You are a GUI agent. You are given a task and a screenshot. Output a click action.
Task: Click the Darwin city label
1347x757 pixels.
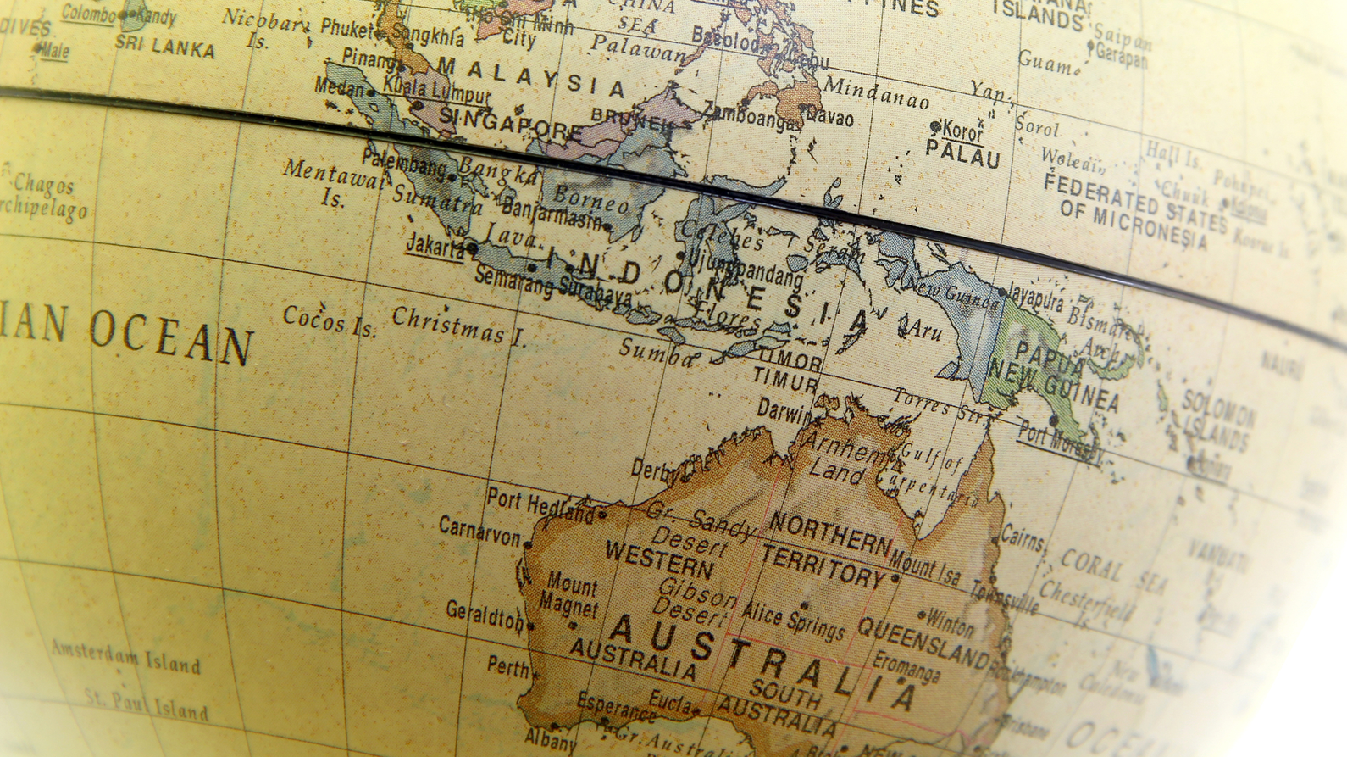coord(784,412)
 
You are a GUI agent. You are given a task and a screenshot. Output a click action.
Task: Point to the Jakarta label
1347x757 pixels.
coord(435,246)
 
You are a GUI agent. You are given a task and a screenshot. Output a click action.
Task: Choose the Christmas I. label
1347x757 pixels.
coord(459,326)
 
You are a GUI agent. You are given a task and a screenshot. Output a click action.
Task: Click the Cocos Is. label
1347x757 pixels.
coord(330,321)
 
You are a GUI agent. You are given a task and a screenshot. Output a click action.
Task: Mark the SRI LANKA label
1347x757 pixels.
coord(165,47)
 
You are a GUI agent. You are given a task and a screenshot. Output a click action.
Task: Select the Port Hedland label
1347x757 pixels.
coord(540,505)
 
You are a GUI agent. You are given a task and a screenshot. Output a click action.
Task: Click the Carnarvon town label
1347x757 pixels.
coord(479,531)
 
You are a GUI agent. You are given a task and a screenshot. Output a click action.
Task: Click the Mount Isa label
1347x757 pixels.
coord(925,566)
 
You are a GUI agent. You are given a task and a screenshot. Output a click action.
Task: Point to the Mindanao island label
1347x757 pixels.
coord(876,92)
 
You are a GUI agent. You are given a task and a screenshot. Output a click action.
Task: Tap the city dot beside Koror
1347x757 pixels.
coord(935,127)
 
